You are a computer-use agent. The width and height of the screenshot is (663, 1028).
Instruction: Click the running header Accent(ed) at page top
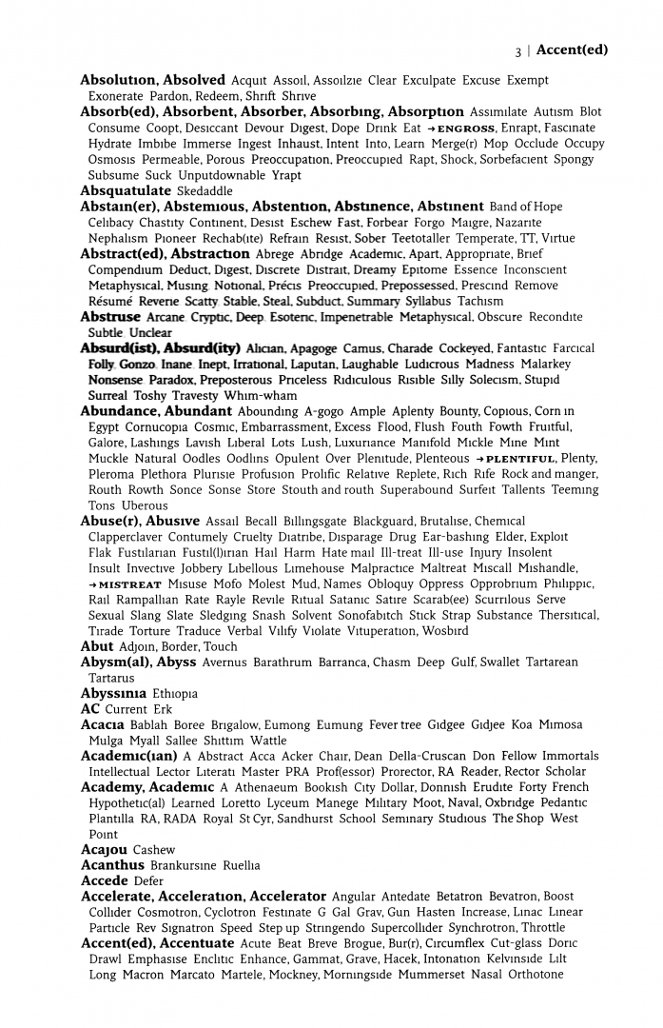point(571,50)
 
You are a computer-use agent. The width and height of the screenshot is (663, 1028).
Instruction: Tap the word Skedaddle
point(205,191)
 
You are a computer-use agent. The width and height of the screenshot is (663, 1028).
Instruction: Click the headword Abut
point(97,646)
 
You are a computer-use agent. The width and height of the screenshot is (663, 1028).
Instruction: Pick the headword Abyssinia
point(112,694)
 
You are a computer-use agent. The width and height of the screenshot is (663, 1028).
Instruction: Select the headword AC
point(90,709)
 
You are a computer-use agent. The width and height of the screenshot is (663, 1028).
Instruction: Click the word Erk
point(164,710)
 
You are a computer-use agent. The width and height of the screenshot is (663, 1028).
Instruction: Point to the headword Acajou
point(103,850)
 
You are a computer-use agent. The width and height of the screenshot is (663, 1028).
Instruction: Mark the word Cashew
point(154,850)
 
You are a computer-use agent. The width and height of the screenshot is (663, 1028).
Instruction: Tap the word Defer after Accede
point(149,881)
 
